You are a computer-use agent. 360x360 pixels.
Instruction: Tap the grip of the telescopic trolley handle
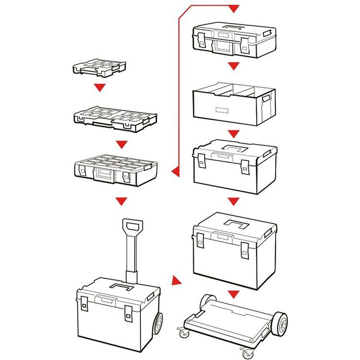click(132, 227)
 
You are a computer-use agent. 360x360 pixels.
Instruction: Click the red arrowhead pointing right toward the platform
click(176, 282)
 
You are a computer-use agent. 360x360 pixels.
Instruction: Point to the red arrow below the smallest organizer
click(99, 88)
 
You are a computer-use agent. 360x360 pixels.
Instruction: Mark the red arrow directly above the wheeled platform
click(233, 295)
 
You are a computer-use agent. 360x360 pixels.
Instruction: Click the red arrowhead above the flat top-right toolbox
click(233, 9)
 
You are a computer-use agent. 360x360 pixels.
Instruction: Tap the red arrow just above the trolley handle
click(121, 200)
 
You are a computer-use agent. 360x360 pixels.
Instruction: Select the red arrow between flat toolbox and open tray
click(233, 66)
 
